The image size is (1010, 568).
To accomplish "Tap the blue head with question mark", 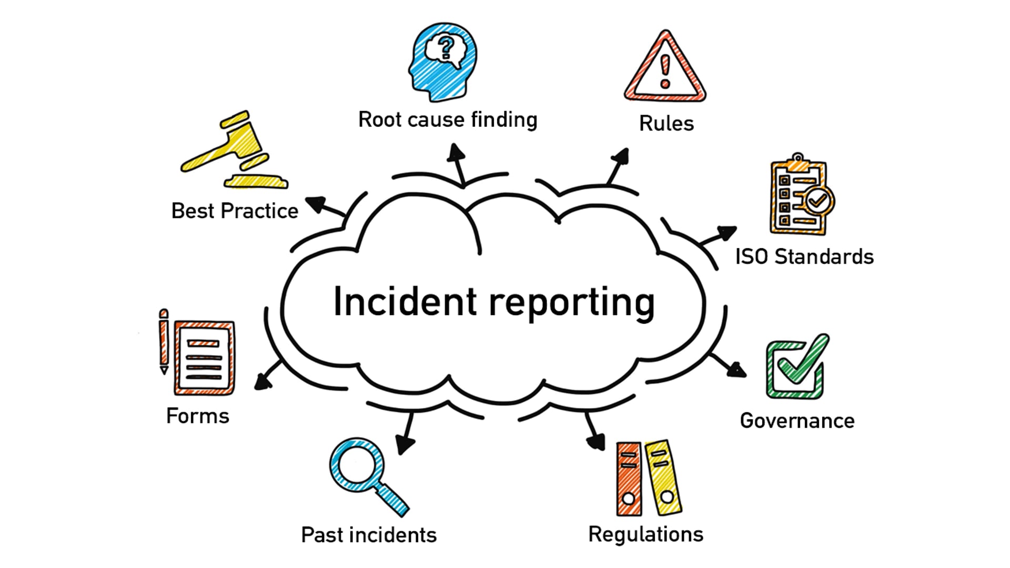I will (443, 62).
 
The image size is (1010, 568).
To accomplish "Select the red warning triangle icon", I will (665, 68).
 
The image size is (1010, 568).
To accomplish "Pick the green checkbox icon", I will (795, 367).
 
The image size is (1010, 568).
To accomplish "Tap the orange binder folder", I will (629, 479).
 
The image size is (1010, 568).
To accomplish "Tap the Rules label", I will (666, 124).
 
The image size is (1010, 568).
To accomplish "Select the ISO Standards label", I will (804, 257).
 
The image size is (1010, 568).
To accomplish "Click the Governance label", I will (797, 421).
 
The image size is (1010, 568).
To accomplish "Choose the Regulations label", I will (645, 534).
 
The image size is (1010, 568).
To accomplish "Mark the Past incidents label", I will (368, 535).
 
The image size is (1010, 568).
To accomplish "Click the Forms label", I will (197, 416).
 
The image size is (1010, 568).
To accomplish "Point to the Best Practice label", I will (235, 211).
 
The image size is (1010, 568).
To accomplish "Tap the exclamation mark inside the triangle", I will (665, 71).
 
